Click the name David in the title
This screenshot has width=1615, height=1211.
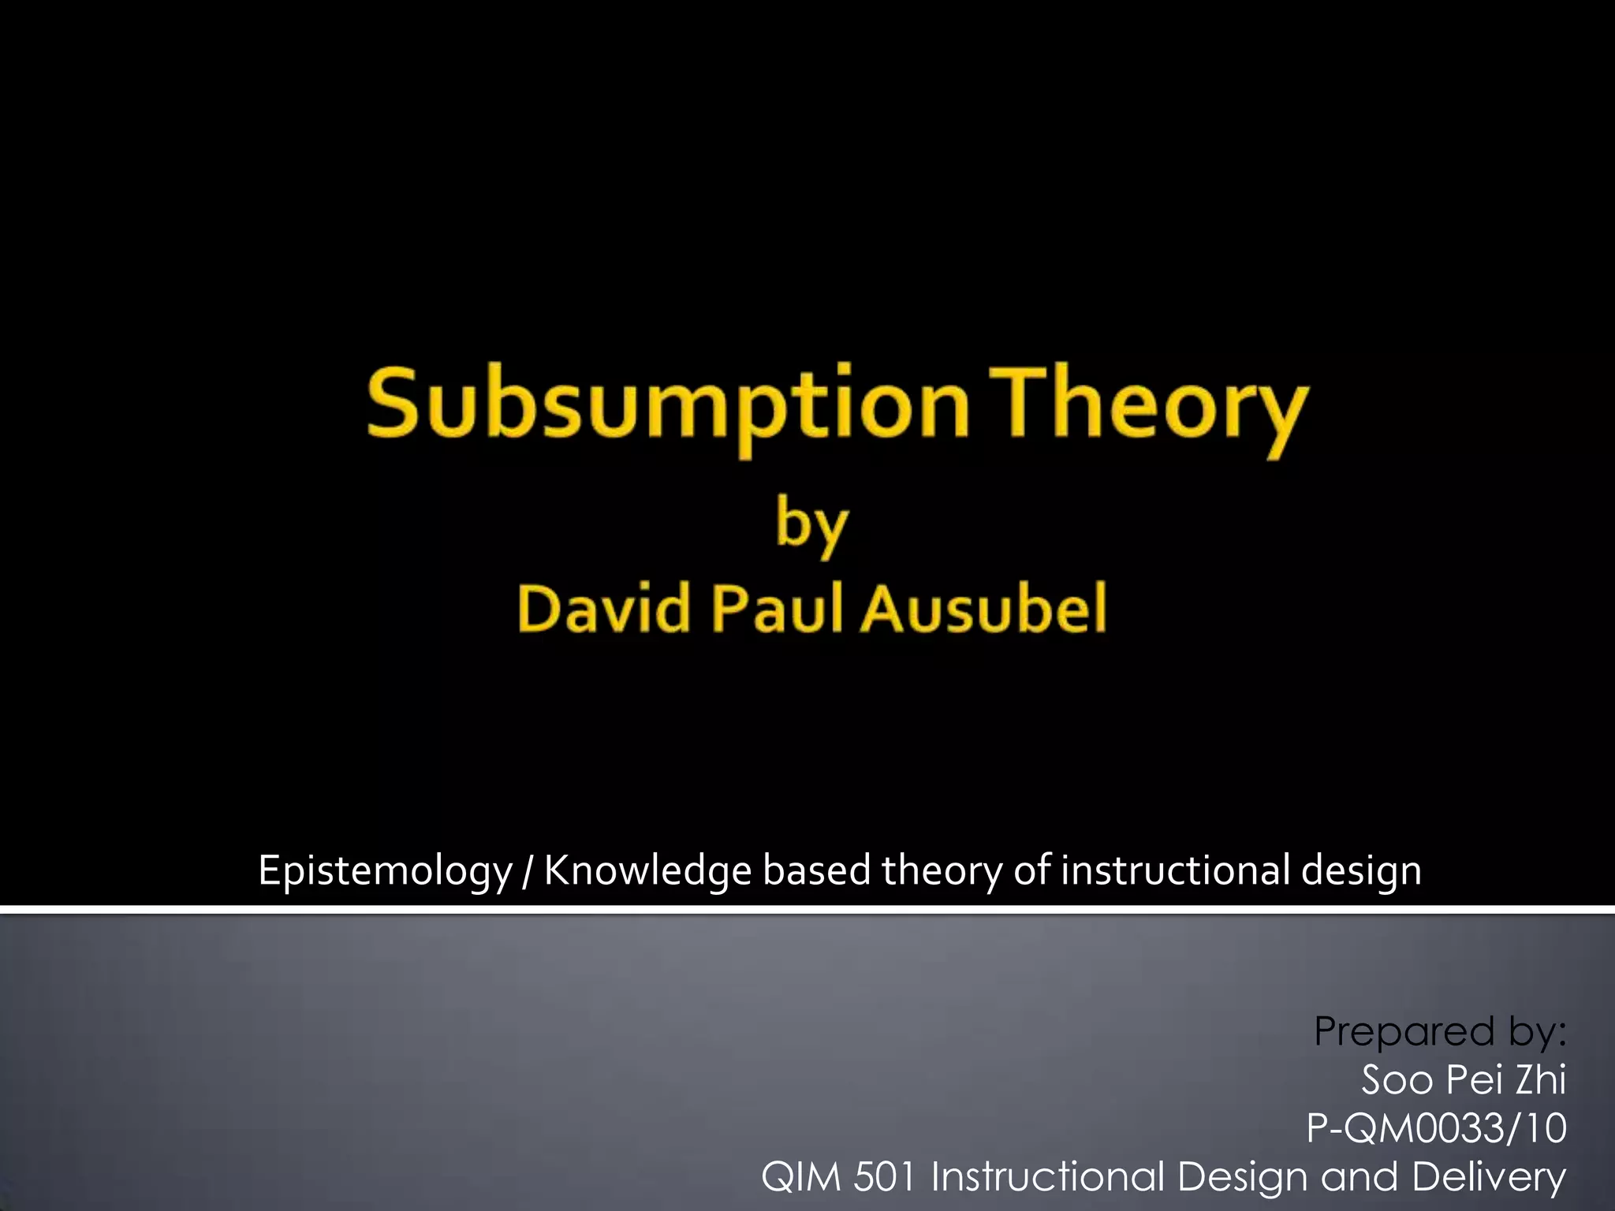(605, 609)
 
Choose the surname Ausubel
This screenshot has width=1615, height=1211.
(984, 609)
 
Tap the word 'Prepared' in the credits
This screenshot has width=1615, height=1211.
(1404, 1031)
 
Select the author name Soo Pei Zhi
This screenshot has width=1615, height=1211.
(1464, 1079)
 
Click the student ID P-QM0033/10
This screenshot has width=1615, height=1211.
(1436, 1128)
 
